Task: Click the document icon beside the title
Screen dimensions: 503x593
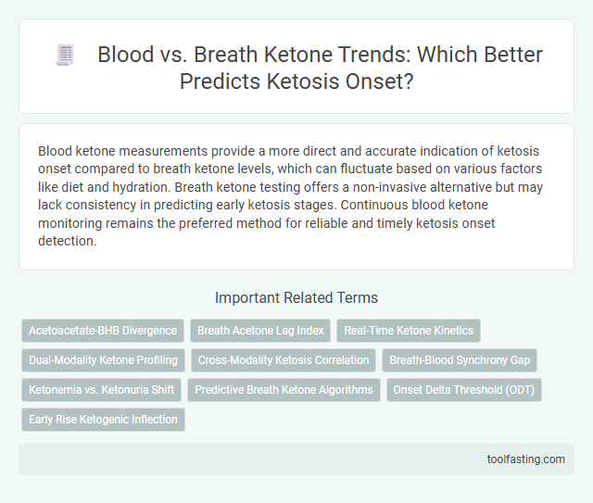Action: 64,56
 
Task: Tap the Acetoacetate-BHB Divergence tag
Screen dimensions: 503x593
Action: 103,330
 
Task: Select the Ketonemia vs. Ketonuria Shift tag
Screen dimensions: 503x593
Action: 101,389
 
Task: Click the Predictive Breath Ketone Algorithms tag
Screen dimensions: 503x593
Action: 283,389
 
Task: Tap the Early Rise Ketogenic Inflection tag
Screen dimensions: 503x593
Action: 104,419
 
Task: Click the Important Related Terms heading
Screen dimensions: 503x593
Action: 296,297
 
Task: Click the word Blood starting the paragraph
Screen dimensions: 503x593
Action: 56,151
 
